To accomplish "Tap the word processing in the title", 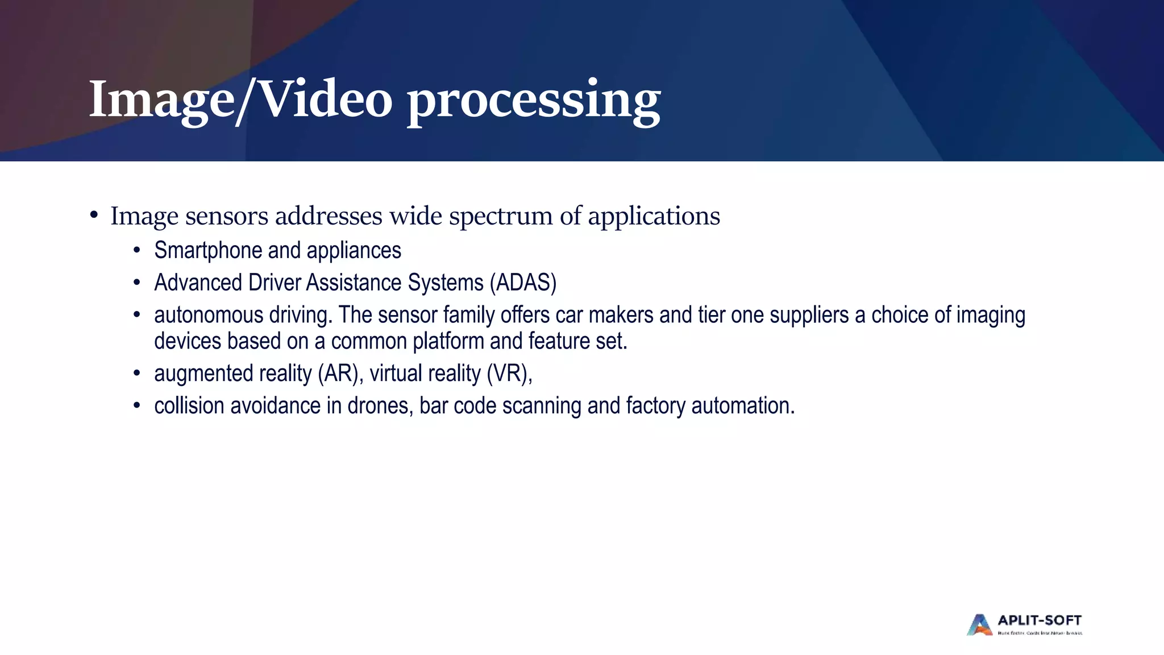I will (x=534, y=101).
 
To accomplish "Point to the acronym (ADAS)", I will (x=523, y=283).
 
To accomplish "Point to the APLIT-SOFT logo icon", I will (x=979, y=624).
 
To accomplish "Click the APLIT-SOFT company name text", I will (x=1040, y=620).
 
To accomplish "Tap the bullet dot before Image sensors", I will (x=94, y=215).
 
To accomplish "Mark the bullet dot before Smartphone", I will (x=136, y=251).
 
